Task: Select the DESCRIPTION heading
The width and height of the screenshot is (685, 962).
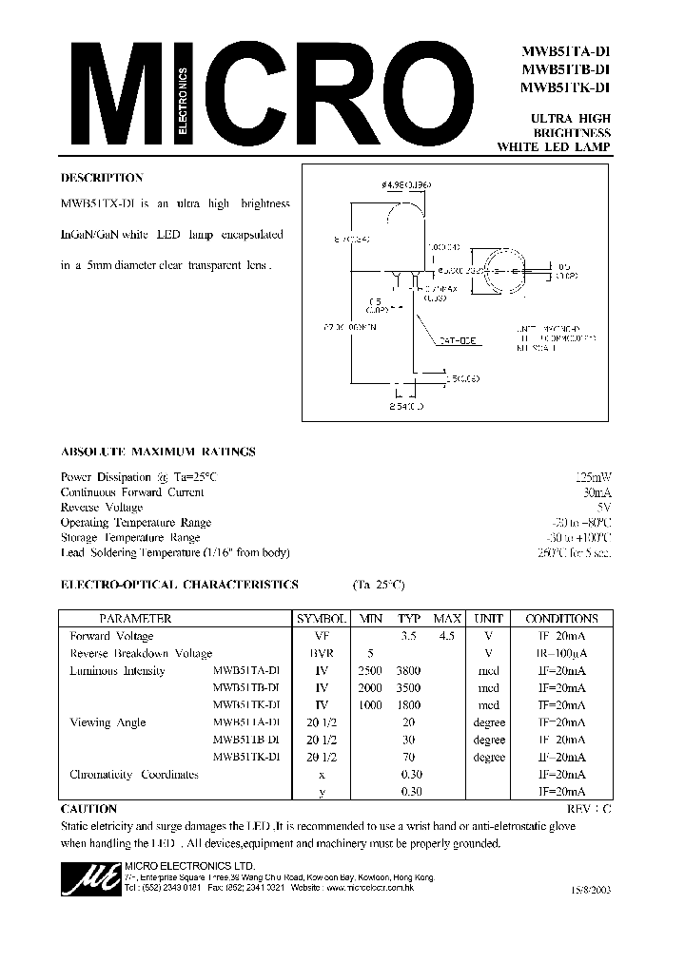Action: click(x=102, y=178)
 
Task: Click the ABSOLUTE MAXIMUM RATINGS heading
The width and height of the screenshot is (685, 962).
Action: click(x=157, y=452)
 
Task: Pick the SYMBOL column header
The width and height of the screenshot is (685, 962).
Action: click(x=322, y=618)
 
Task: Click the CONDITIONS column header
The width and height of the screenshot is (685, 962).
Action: click(x=561, y=618)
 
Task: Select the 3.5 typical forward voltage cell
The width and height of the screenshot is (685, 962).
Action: click(x=408, y=636)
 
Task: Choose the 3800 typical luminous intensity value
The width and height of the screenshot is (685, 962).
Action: click(x=408, y=671)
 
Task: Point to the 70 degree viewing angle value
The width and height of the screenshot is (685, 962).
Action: click(x=408, y=758)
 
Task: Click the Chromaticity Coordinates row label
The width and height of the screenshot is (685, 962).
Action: click(x=134, y=775)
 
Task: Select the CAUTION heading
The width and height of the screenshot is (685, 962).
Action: click(x=88, y=809)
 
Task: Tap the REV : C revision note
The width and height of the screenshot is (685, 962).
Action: click(x=583, y=809)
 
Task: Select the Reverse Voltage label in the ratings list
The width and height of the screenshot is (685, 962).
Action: click(x=102, y=508)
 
